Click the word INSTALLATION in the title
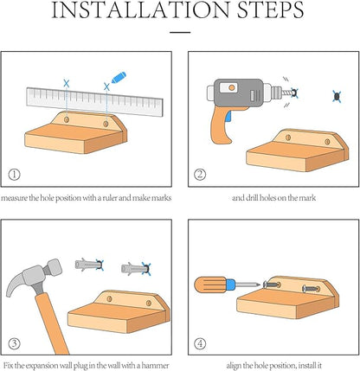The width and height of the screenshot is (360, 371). [x=140, y=10]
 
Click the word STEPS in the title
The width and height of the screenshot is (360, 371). [x=270, y=10]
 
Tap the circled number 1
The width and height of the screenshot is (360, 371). [x=14, y=175]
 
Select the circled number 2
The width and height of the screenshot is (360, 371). [x=200, y=175]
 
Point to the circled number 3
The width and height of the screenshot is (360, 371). [x=14, y=343]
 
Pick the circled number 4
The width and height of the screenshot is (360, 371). [x=200, y=343]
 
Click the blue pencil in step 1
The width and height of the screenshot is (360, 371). [x=119, y=78]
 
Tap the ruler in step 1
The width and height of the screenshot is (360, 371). [x=94, y=101]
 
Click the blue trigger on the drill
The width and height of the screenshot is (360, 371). [x=228, y=116]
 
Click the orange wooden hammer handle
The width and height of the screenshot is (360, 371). [x=52, y=323]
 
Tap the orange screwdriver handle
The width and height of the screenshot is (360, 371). [x=210, y=285]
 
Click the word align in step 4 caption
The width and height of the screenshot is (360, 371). [x=234, y=366]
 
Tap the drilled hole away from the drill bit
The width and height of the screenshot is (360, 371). [x=337, y=97]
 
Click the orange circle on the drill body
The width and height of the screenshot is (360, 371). [x=232, y=87]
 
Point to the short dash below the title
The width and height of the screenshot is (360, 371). [x=180, y=32]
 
